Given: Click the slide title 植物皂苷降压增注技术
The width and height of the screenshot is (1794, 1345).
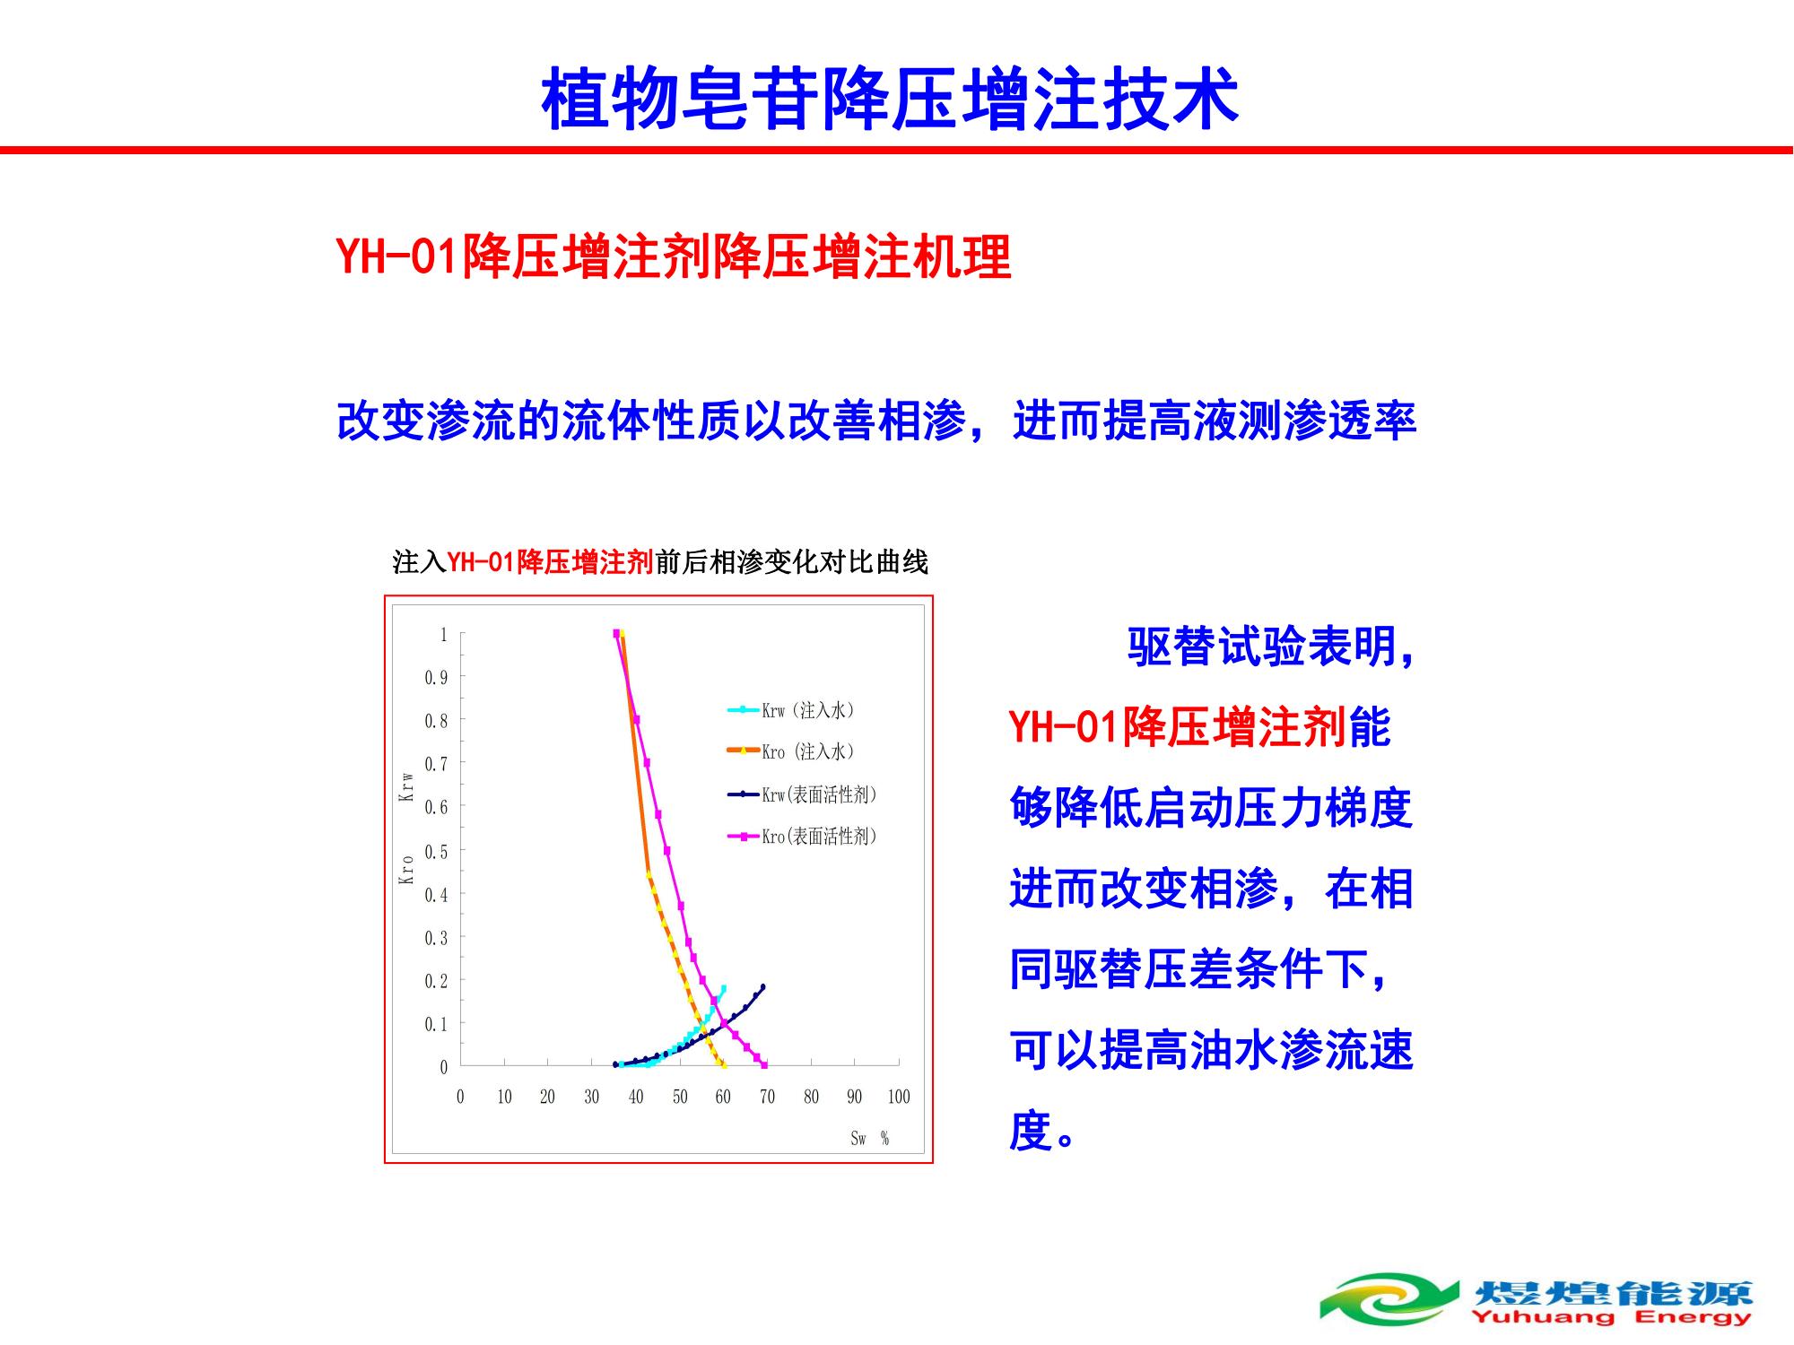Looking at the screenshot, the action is tap(890, 98).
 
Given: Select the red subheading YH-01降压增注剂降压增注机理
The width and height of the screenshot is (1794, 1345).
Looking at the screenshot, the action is tap(674, 257).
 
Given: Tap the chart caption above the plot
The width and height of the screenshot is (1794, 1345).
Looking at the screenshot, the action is tap(660, 562).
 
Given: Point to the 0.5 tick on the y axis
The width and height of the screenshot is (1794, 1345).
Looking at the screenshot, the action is tap(436, 851).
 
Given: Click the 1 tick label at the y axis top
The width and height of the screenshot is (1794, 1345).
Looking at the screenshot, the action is tap(443, 635).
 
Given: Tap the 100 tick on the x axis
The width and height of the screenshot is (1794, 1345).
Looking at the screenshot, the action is tap(898, 1097).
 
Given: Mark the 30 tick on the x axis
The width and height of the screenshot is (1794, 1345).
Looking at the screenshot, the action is tap(591, 1097).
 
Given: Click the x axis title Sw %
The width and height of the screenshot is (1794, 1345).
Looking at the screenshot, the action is tap(869, 1139).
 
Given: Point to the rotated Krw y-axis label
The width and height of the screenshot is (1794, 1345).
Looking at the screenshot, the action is tap(406, 786).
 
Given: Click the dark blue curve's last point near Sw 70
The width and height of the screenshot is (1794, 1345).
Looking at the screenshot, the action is tap(762, 987).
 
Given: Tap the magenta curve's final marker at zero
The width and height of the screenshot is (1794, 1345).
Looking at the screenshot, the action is tap(764, 1065).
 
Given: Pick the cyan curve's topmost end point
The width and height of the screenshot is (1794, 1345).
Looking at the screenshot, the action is tap(723, 988).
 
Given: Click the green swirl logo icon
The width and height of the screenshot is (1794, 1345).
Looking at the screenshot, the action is tap(1389, 1298).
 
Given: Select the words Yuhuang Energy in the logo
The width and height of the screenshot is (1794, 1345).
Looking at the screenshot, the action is tap(1610, 1316).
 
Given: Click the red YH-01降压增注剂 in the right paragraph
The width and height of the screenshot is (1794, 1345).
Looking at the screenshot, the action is tap(1179, 726).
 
